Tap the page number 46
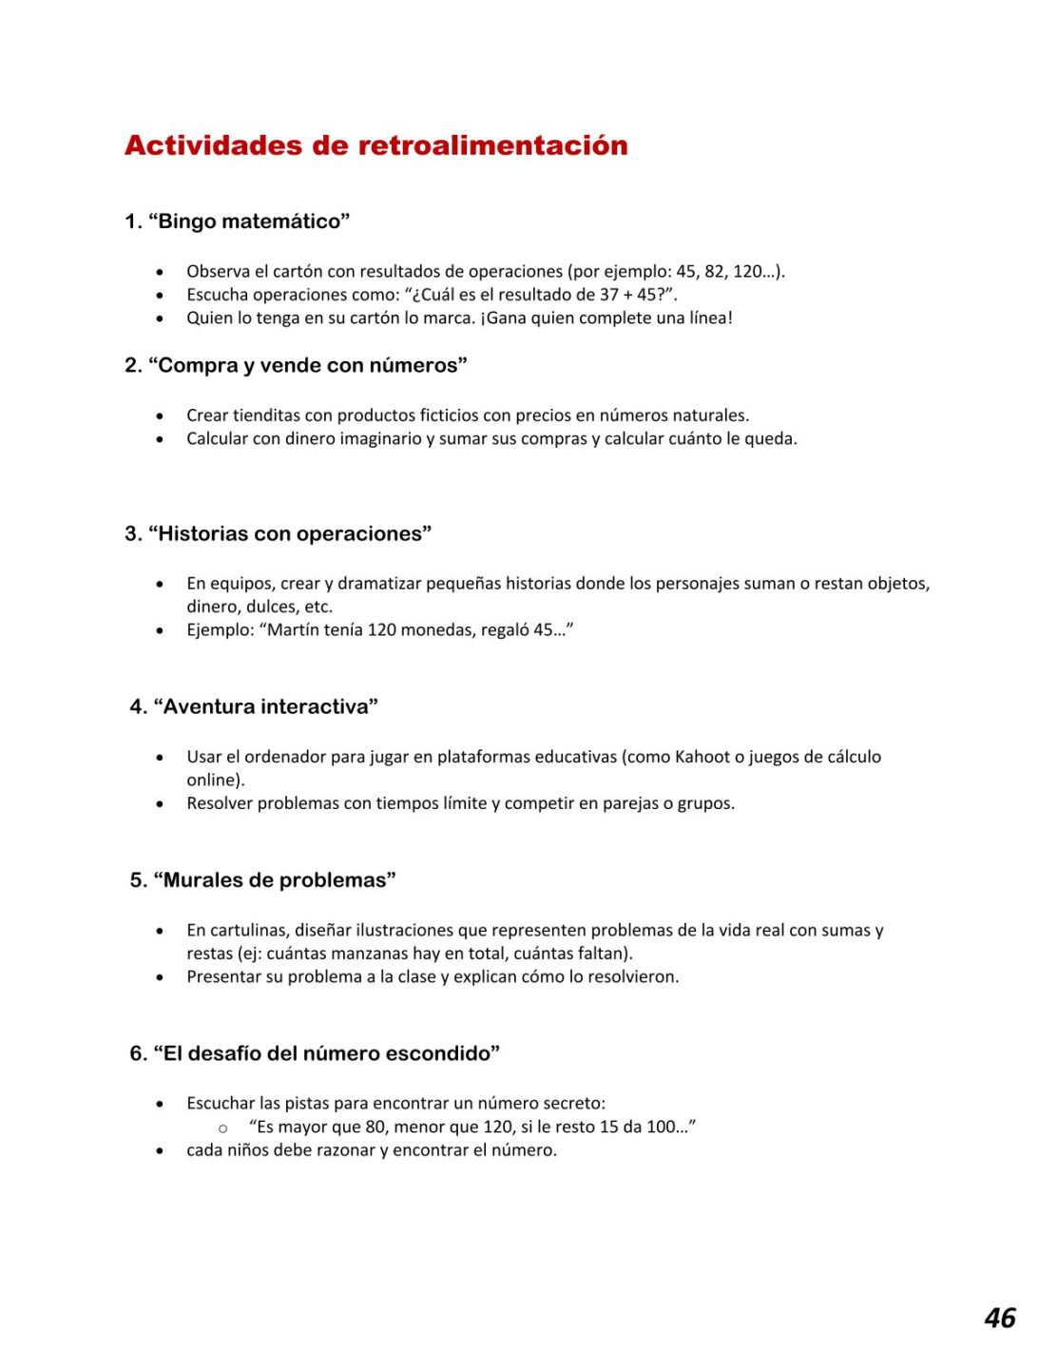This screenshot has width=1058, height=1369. (x=999, y=1318)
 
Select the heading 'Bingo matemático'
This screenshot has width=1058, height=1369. (x=249, y=222)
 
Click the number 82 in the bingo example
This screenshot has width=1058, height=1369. (x=714, y=271)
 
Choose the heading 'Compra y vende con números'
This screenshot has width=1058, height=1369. (x=308, y=365)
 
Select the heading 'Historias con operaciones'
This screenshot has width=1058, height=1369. (x=290, y=533)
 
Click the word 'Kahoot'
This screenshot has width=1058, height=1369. (x=702, y=757)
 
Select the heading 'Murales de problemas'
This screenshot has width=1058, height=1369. (x=275, y=880)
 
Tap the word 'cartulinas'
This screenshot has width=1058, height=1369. (x=248, y=931)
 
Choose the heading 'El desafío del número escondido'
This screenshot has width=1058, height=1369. (x=326, y=1053)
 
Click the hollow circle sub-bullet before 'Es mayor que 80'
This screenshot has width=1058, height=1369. (x=223, y=1128)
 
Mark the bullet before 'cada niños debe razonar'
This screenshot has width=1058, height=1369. (x=160, y=1151)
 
